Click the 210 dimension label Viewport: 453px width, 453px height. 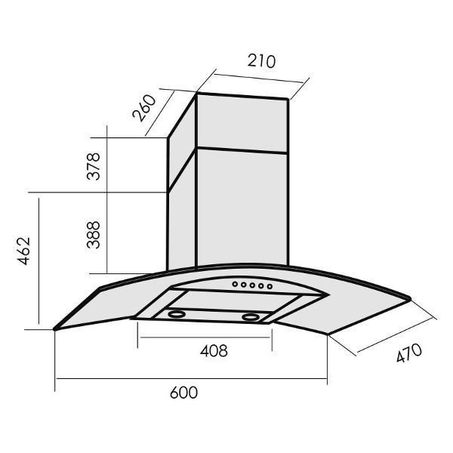[x=261, y=61]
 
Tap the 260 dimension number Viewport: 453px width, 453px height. [x=144, y=108]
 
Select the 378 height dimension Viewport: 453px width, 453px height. [x=94, y=166]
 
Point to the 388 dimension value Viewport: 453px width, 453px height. [x=94, y=235]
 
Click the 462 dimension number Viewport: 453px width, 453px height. [x=23, y=251]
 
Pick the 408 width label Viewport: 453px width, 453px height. [x=214, y=351]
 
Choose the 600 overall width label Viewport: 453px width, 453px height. [x=183, y=393]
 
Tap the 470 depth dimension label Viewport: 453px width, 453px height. [x=409, y=353]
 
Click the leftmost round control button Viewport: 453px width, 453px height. [x=235, y=284]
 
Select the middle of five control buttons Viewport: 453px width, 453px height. [x=252, y=285]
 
